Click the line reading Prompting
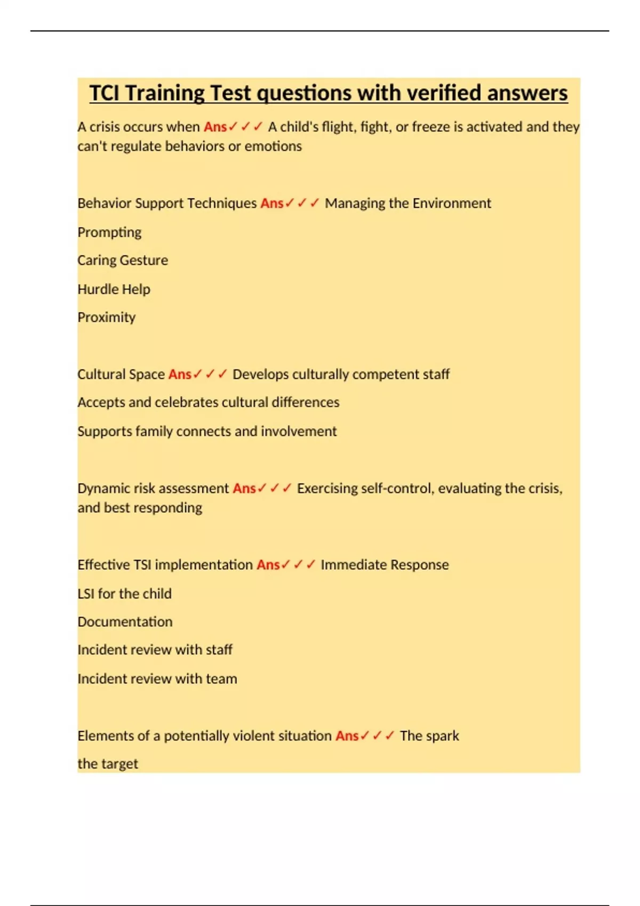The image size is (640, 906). pos(109,232)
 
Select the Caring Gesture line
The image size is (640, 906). pos(123,261)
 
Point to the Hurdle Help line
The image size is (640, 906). pos(114,289)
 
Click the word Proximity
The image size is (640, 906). pos(107,318)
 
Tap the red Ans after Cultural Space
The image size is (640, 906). pos(180,375)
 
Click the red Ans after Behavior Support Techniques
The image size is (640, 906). pos(272,204)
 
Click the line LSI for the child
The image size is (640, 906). pos(124,594)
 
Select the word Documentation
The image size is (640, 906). pos(125,622)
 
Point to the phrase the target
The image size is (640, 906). pos(108,764)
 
